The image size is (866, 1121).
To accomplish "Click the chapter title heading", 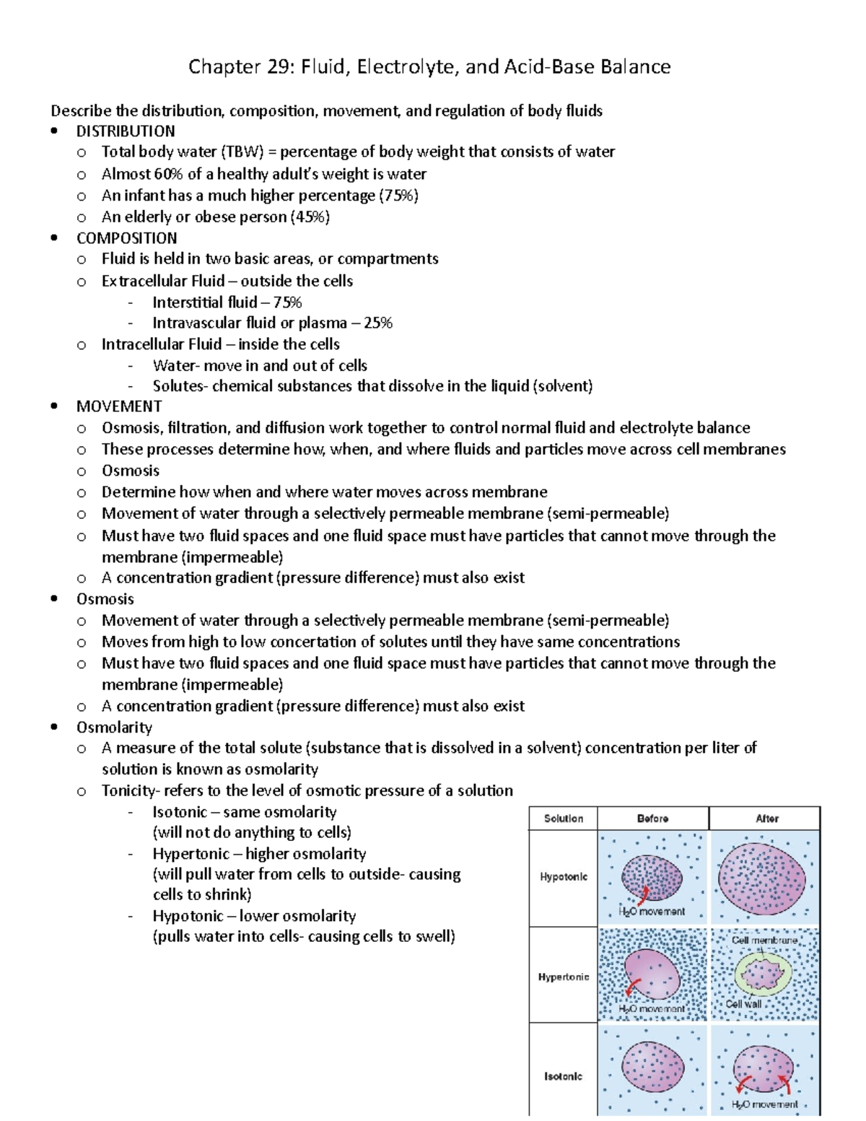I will pyautogui.click(x=429, y=67).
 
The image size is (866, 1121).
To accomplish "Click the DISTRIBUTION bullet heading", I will pyautogui.click(x=126, y=131).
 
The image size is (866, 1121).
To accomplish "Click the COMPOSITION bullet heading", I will pyautogui.click(x=126, y=238).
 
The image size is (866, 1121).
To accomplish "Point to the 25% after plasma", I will pyautogui.click(x=378, y=323).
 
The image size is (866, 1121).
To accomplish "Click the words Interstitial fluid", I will pyautogui.click(x=204, y=302).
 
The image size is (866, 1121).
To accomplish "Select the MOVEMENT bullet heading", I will pyautogui.click(x=119, y=406).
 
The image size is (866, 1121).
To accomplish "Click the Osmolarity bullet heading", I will pyautogui.click(x=114, y=728).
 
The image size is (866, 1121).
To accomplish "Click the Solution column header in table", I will pyautogui.click(x=564, y=819).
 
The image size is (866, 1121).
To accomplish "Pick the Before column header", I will pyautogui.click(x=652, y=819).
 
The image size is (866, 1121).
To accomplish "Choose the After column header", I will pyautogui.click(x=766, y=819).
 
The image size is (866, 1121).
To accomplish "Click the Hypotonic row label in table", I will pyautogui.click(x=564, y=877).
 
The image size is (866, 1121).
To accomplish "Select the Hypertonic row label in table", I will pyautogui.click(x=564, y=977).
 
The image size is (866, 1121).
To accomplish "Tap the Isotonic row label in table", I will pyautogui.click(x=564, y=1076).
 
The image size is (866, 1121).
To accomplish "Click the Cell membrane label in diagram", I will pyautogui.click(x=764, y=941).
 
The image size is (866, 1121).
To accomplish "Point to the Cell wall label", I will pyautogui.click(x=743, y=1004).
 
